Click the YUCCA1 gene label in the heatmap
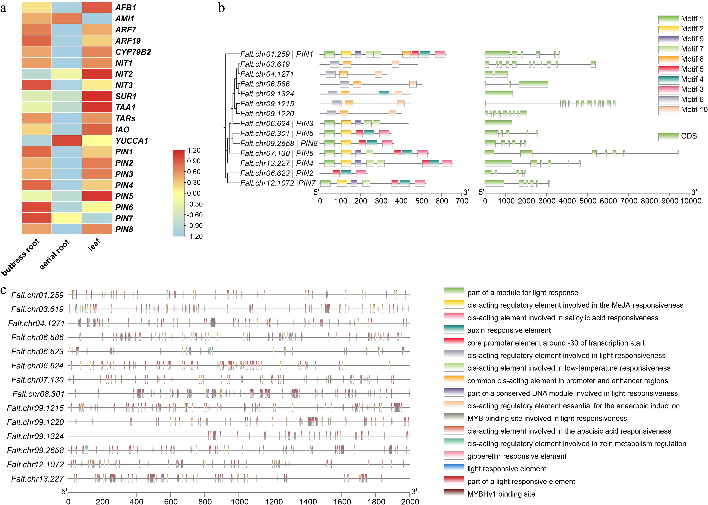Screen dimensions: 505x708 [x=131, y=141]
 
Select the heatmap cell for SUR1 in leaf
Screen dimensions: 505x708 [x=97, y=96]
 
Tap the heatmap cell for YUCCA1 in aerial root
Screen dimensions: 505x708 [x=67, y=141]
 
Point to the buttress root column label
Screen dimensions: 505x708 [x=20, y=257]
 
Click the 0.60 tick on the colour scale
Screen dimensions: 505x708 [x=194, y=172]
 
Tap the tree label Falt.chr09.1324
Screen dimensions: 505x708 [x=267, y=94]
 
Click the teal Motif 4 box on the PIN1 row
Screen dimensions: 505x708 [x=425, y=54]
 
